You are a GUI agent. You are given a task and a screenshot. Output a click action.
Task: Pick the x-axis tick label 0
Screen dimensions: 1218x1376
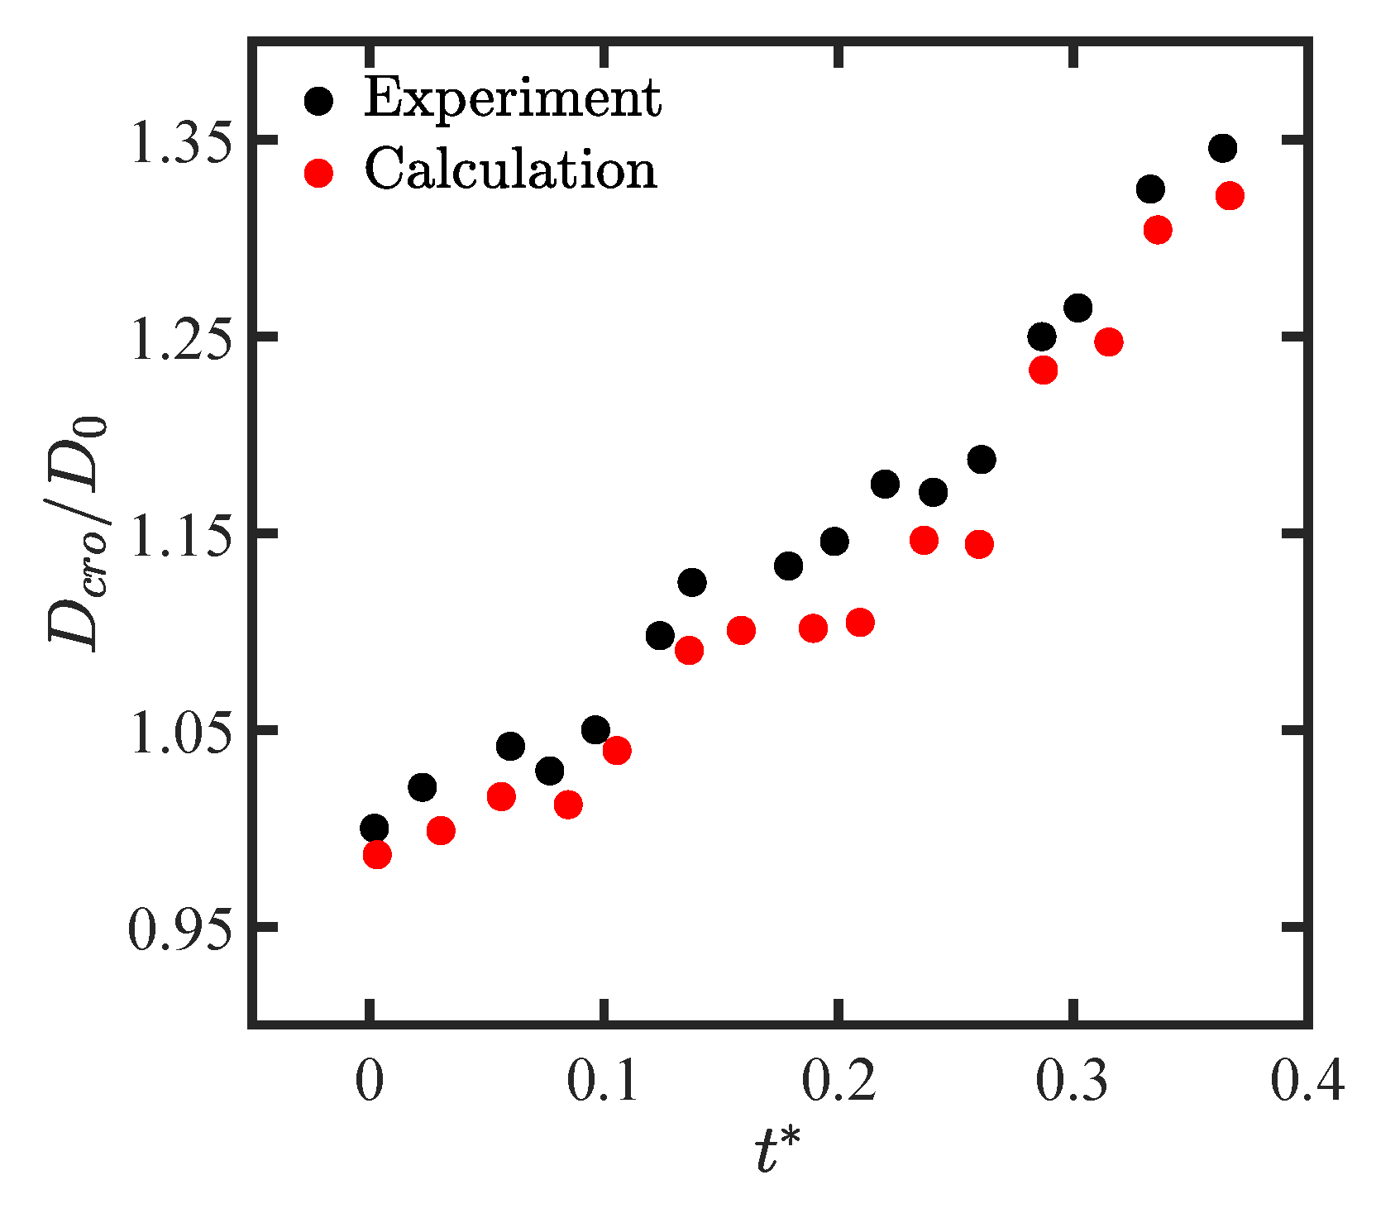[369, 1082]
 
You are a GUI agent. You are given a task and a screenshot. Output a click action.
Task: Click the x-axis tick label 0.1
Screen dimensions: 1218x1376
[604, 1082]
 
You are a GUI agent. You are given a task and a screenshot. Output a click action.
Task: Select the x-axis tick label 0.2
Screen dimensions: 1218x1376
[839, 1082]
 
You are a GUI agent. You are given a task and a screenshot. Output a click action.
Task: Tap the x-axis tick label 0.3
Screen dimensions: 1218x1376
[1073, 1082]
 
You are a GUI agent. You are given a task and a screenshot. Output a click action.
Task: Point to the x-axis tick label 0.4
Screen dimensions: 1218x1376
[1307, 1082]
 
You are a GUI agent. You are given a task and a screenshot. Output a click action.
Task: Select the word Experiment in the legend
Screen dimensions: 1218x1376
[513, 99]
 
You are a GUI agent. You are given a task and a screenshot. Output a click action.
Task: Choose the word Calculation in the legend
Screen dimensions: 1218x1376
[510, 170]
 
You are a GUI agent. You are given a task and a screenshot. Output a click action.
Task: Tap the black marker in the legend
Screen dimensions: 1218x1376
[318, 101]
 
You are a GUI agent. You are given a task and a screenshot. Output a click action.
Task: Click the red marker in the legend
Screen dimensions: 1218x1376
[318, 173]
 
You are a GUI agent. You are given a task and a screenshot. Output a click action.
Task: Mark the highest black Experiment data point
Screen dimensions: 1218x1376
[1222, 149]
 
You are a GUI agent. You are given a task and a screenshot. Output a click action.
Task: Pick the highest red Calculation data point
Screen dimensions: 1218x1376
[1230, 196]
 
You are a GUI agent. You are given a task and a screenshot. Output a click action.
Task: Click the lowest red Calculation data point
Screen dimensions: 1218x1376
[377, 854]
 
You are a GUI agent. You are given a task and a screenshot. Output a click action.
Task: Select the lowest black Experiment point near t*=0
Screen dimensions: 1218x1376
[374, 827]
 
